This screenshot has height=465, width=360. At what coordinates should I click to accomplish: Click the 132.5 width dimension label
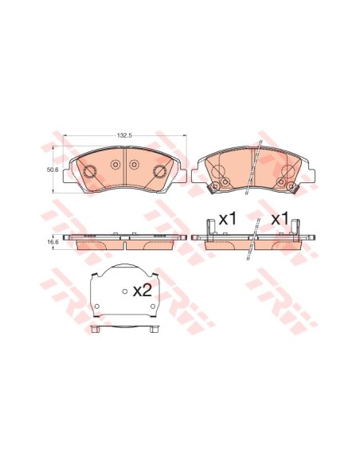coord(124,135)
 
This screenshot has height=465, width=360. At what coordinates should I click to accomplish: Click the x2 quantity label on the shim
coord(143,291)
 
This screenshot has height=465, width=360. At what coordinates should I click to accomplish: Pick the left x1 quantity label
coord(229,219)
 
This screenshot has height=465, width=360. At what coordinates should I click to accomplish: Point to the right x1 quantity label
coord(280,219)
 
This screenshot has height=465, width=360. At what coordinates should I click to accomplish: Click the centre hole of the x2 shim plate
coord(125,291)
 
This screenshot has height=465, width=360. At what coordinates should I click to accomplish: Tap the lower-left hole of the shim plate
coord(96,307)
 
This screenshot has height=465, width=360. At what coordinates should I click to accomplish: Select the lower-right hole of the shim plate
coord(153,307)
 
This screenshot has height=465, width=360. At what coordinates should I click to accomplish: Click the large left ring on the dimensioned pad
coord(89,171)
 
